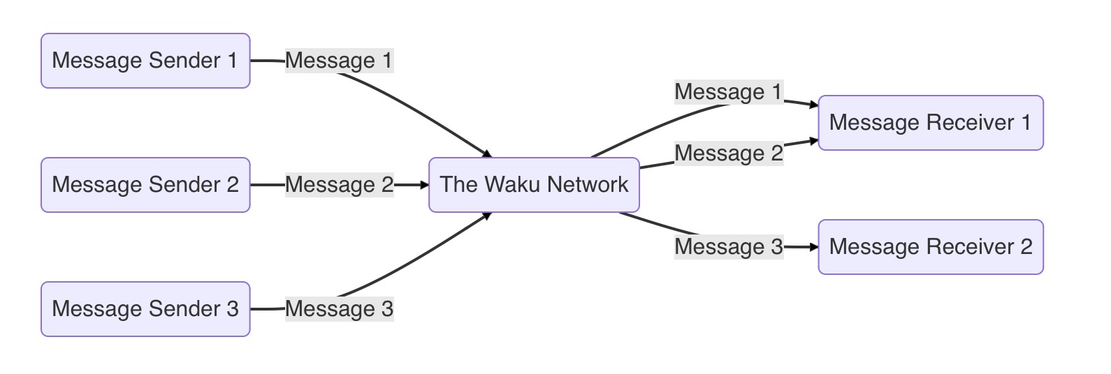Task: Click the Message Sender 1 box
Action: (145, 61)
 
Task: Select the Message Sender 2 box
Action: (145, 185)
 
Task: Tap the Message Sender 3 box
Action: (145, 309)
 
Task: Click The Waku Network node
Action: (534, 185)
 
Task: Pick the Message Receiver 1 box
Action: (930, 123)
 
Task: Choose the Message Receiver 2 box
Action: (930, 247)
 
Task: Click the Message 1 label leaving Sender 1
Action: (339, 61)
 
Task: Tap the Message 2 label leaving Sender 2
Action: (339, 185)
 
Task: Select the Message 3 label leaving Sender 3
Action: (339, 309)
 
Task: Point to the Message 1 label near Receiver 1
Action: (728, 92)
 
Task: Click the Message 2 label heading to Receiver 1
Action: (728, 154)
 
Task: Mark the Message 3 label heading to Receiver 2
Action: (728, 247)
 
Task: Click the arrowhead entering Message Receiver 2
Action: (813, 247)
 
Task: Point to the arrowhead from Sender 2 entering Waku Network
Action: (423, 185)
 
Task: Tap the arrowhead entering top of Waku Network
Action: (487, 154)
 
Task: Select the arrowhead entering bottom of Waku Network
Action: (487, 216)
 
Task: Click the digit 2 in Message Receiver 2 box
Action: (1026, 247)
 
